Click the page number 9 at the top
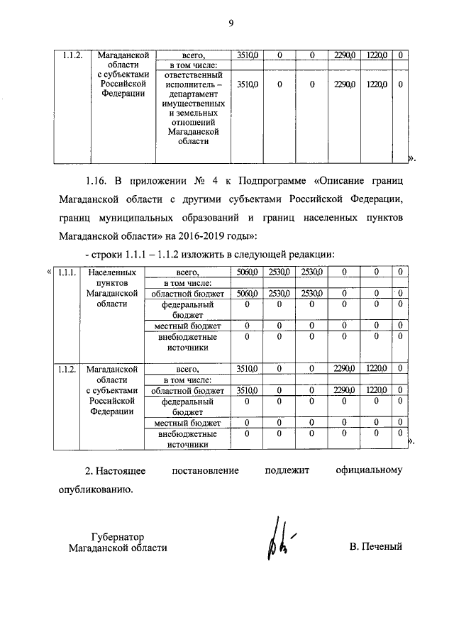coord(231,23)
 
